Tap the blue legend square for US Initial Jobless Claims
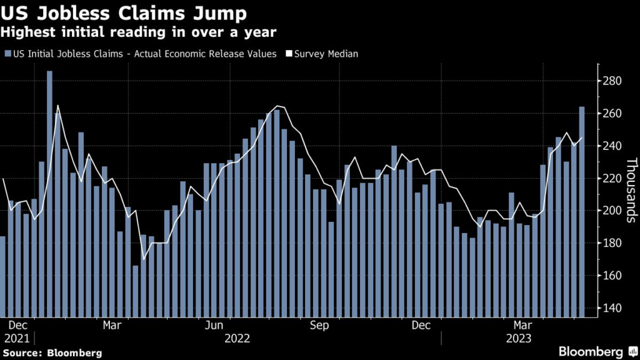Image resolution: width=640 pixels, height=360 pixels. pyautogui.click(x=7, y=54)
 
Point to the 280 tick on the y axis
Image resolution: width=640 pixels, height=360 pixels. pyautogui.click(x=612, y=81)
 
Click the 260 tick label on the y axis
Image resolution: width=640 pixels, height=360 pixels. pyautogui.click(x=612, y=114)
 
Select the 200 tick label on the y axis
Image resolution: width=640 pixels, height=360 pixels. pyautogui.click(x=612, y=211)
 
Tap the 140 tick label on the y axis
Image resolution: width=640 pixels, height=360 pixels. pyautogui.click(x=612, y=309)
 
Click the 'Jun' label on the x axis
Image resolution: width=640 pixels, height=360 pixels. pyautogui.click(x=214, y=326)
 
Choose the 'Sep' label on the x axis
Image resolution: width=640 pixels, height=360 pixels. pyautogui.click(x=319, y=326)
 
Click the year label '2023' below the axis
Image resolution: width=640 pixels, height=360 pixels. pyautogui.click(x=518, y=339)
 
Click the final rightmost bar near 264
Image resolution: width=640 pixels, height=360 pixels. pyautogui.click(x=582, y=212)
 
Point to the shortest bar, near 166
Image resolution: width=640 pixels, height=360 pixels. pyautogui.click(x=135, y=291)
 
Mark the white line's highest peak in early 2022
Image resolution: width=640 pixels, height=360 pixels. pyautogui.click(x=57, y=105)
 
